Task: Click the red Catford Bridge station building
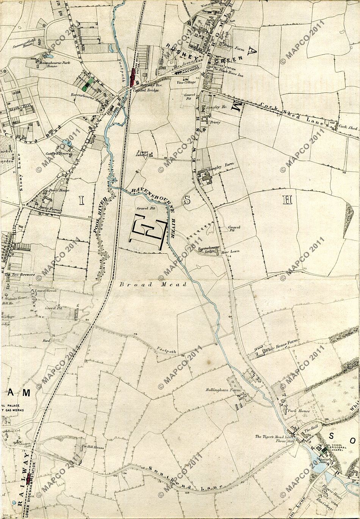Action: (x=133, y=77)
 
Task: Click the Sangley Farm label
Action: (x=223, y=165)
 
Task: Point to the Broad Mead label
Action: (x=153, y=284)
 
